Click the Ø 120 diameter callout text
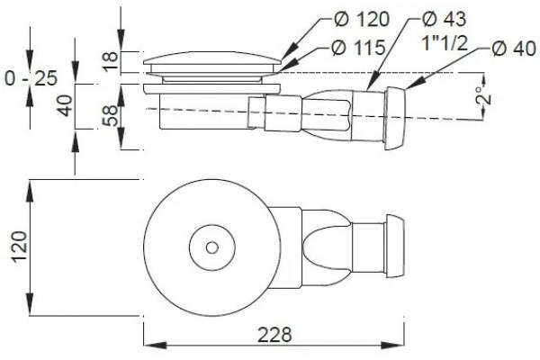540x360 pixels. pyautogui.click(x=361, y=19)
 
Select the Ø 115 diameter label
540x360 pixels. pyautogui.click(x=358, y=48)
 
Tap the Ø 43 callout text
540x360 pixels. pyautogui.click(x=444, y=19)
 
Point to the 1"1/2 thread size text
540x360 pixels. pyautogui.click(x=445, y=43)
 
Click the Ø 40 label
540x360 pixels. pyautogui.click(x=514, y=49)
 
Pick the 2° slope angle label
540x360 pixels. pyautogui.click(x=483, y=95)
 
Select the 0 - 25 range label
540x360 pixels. pyautogui.click(x=31, y=78)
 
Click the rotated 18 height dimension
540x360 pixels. pyautogui.click(x=111, y=61)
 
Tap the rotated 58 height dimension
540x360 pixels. pyautogui.click(x=111, y=116)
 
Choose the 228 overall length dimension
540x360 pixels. pyautogui.click(x=274, y=335)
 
